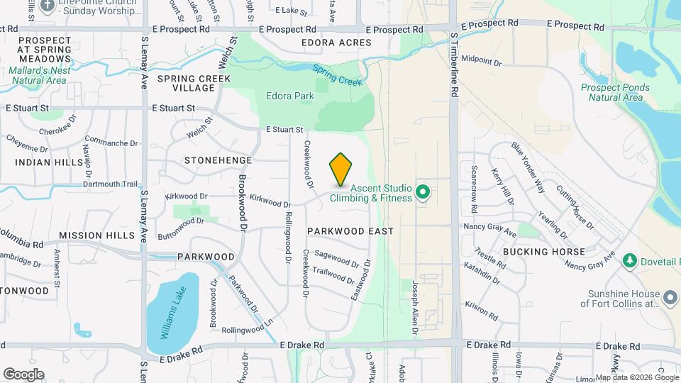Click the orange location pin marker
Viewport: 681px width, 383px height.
pos(341,169)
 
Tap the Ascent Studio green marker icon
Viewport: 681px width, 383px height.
pos(423,191)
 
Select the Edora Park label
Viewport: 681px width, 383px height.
pos(290,96)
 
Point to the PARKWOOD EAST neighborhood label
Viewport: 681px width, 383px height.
pos(350,231)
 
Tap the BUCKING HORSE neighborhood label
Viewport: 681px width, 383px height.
pos(543,252)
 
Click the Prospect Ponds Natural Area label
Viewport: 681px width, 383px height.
pos(611,92)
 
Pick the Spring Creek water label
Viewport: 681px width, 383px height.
pos(337,76)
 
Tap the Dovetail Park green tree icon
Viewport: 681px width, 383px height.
pos(629,262)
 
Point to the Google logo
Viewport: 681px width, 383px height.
pos(23,374)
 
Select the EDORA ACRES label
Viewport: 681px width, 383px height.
pos(336,43)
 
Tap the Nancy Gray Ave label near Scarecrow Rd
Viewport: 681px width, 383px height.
pos(490,231)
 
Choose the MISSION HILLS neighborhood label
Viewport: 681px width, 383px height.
pos(96,235)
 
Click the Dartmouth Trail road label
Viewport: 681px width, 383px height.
pos(110,184)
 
